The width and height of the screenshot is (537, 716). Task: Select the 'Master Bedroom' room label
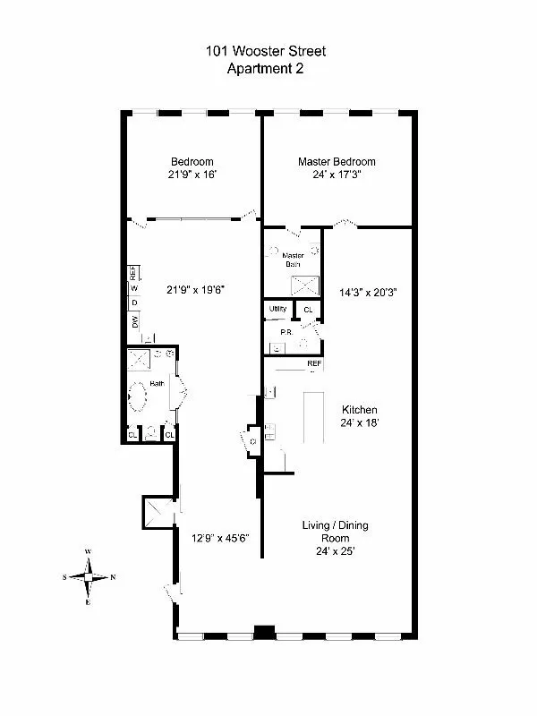point(337,162)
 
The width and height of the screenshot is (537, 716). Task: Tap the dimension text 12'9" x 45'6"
point(219,538)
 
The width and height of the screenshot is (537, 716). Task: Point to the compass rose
point(89,576)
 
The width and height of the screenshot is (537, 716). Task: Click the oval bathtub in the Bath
point(140,395)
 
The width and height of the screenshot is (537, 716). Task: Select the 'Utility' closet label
point(277,310)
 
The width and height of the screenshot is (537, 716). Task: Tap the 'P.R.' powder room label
point(286,332)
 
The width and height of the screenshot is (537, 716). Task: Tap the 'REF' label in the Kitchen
point(314,364)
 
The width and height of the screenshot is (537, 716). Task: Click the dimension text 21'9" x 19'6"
point(193,289)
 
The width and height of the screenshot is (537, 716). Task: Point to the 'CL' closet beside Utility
point(308,310)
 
